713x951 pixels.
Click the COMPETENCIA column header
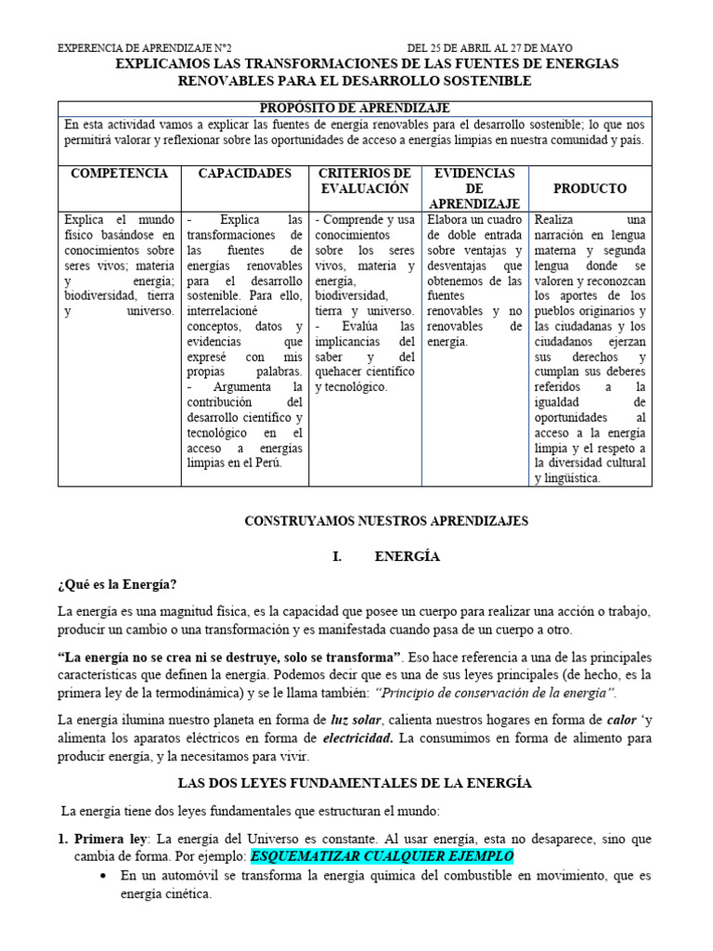(119, 174)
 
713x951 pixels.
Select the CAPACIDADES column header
(245, 174)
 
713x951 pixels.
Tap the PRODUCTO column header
(590, 189)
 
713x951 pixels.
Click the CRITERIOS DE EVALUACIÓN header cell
(364, 181)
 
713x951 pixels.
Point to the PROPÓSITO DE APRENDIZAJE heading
(355, 109)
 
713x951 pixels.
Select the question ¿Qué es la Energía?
(116, 584)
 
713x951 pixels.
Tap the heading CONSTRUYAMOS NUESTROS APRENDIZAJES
(386, 522)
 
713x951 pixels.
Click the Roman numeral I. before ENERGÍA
(337, 557)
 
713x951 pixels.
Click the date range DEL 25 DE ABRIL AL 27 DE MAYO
(489, 48)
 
